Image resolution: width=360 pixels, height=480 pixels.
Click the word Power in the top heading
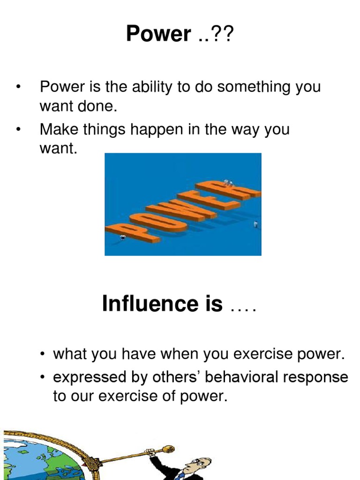pos(158,34)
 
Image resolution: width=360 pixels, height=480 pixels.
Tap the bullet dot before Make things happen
pos(18,129)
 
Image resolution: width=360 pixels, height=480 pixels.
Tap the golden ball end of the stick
pos(167,450)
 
